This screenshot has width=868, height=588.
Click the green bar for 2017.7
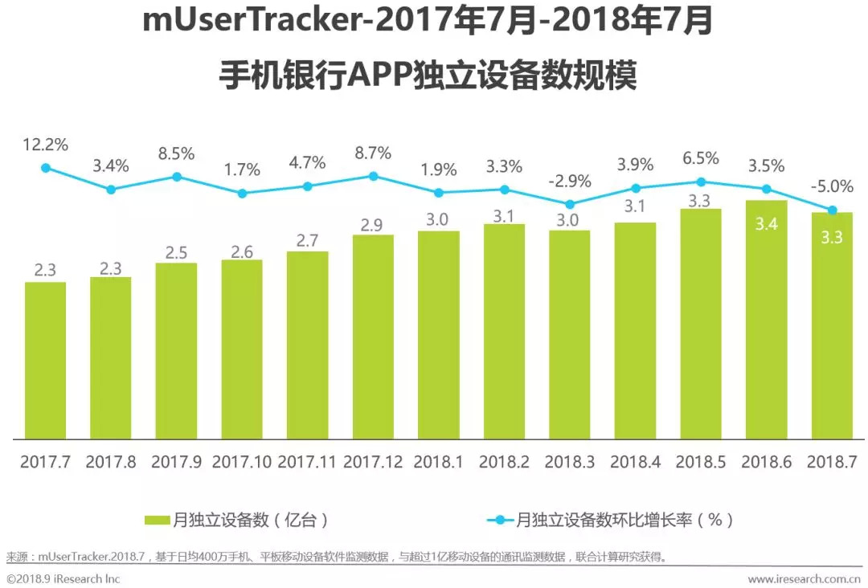[45, 361]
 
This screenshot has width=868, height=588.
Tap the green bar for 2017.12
[373, 337]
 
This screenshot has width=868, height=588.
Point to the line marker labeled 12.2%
[46, 168]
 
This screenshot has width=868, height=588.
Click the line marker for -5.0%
[833, 210]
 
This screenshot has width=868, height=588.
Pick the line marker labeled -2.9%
[570, 204]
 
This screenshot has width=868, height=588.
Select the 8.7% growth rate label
[372, 153]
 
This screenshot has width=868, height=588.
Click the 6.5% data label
[701, 158]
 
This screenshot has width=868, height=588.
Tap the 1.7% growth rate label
[242, 169]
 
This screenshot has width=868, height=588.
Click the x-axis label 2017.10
[242, 463]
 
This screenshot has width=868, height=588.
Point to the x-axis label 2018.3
[570, 463]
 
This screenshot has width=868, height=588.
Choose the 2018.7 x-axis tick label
[832, 463]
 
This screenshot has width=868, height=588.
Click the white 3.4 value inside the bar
[767, 225]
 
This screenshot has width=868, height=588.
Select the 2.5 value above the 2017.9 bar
[176, 253]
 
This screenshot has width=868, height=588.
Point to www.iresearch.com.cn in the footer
[804, 578]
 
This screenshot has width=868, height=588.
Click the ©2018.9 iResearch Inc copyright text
[63, 578]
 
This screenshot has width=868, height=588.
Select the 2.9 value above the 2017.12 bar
[372, 225]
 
